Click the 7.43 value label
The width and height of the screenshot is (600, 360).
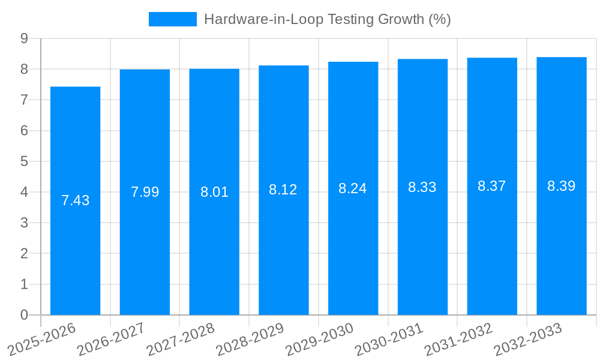(x=76, y=200)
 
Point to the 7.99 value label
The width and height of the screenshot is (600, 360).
(x=145, y=192)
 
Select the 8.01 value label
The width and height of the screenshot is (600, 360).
(x=214, y=193)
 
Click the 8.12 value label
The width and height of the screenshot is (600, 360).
(x=283, y=190)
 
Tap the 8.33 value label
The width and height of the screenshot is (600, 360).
(x=422, y=187)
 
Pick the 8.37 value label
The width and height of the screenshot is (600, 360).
(x=492, y=186)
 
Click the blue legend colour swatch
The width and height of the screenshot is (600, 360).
(x=172, y=19)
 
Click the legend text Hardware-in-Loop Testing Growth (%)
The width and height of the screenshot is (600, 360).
(x=327, y=19)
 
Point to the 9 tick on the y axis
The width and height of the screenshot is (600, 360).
(x=24, y=38)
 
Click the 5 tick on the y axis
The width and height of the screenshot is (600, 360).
(x=24, y=161)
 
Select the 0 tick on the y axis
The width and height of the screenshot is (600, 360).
(x=24, y=315)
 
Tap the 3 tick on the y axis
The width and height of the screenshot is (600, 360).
(x=24, y=223)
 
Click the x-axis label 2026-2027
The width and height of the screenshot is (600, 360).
(x=112, y=339)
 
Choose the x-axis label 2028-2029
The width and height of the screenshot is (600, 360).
(x=250, y=339)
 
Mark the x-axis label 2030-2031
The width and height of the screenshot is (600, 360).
(x=389, y=339)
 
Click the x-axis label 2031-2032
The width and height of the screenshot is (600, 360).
(x=459, y=339)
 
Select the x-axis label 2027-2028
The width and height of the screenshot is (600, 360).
(x=181, y=339)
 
